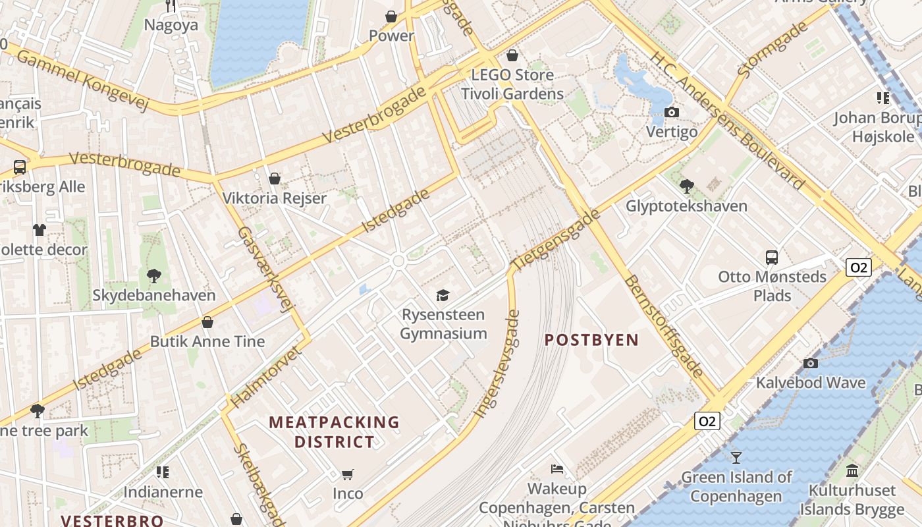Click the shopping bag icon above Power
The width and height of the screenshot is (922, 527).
391,16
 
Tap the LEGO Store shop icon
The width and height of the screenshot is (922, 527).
512,55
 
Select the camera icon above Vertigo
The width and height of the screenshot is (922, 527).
671,112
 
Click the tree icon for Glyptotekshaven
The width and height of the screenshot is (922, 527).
686,186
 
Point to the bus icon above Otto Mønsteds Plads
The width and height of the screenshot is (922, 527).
772,257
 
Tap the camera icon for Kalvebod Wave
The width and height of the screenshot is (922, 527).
811,363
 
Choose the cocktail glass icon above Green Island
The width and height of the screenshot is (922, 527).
736,457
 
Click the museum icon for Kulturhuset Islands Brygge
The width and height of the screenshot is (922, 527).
852,470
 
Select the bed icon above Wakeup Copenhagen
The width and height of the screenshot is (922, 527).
557,469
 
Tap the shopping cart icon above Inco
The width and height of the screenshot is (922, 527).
348,474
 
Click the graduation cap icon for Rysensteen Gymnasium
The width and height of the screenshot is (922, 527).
443,295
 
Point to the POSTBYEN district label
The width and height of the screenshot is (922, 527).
591,340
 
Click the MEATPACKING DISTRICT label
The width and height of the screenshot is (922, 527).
334,431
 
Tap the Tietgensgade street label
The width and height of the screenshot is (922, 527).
556,238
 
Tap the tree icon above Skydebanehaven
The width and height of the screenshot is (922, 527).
154,275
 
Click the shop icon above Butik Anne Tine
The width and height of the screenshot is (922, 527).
207,322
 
